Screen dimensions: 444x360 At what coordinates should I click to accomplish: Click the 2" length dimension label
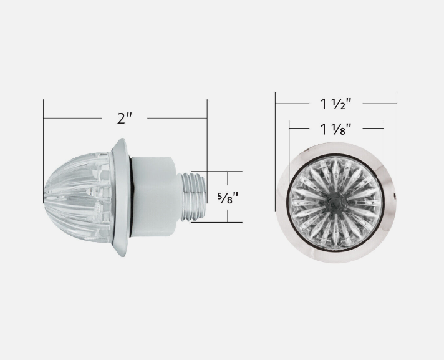pos(125,118)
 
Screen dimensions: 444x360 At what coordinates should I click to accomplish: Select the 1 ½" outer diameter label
pos(336,104)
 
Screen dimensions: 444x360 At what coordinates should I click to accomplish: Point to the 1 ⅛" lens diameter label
pos(336,129)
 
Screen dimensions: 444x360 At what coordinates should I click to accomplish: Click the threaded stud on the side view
pos(194,197)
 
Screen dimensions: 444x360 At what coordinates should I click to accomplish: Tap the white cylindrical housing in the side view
pos(155,197)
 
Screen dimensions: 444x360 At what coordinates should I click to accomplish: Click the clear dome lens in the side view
pos(77,197)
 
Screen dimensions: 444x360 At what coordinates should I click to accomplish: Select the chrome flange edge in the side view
pos(120,197)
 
